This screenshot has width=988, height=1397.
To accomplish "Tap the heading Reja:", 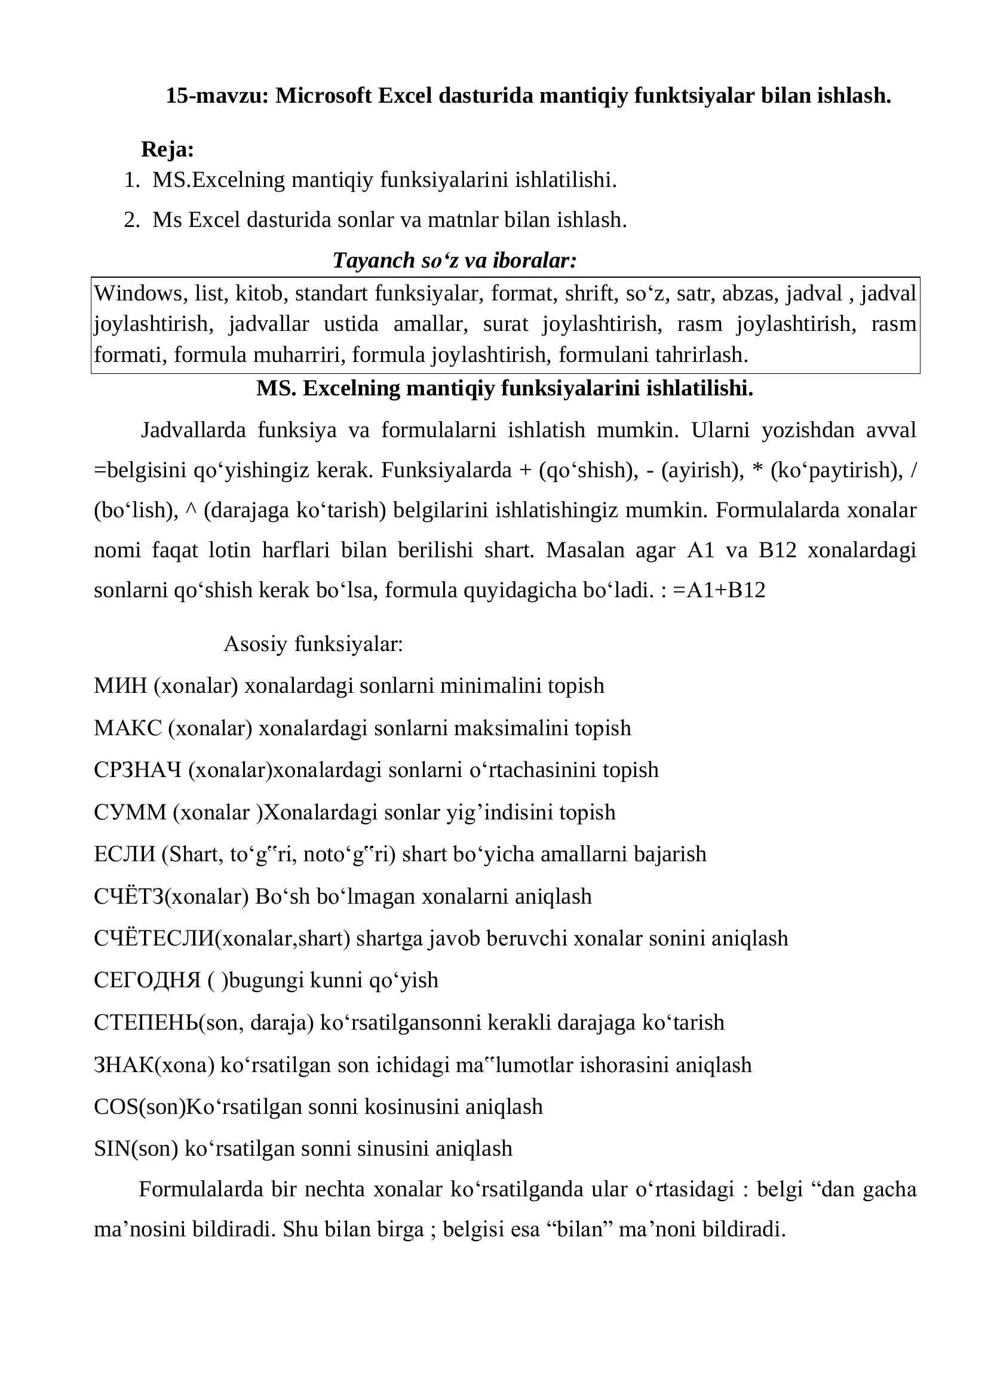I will pos(167,149).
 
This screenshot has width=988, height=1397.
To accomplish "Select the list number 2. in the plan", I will pos(131,220).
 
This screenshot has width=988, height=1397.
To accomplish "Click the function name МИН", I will pos(121,686).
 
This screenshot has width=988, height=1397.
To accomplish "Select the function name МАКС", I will pos(128,728).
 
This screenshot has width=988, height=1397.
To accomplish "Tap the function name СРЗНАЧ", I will pos(137,770).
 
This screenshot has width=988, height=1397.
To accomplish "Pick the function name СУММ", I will pos(130,812).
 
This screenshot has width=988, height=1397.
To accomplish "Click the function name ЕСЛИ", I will pos(125,854).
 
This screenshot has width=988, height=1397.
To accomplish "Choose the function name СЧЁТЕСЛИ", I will pos(155,938).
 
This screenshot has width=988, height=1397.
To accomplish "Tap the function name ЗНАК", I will pos(124,1065).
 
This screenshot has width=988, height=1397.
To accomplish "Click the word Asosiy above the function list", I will pos(256,644).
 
